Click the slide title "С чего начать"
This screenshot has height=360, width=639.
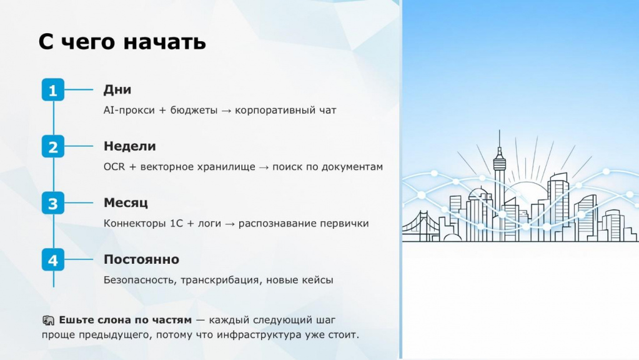point(122,42)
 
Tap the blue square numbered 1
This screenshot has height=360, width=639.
point(53,90)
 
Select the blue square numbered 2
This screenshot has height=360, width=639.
point(53,146)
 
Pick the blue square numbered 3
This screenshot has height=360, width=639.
point(53,203)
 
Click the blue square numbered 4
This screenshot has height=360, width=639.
point(53,260)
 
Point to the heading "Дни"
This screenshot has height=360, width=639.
point(117,90)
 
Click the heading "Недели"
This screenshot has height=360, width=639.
point(129,146)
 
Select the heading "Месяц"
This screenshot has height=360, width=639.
point(126,203)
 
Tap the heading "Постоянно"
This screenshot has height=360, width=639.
point(141,259)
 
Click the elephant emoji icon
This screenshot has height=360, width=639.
point(48,321)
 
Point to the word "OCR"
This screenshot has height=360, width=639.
point(114,167)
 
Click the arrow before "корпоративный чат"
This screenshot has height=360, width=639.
point(226,111)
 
